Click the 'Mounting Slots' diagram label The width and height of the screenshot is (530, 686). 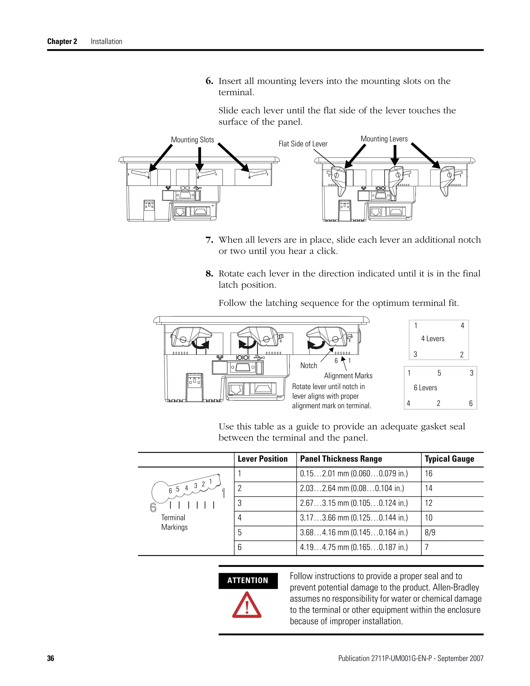[192, 140]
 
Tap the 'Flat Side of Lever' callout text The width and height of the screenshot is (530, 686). [303, 144]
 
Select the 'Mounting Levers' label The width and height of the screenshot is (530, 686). [384, 139]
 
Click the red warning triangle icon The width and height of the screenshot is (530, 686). [247, 605]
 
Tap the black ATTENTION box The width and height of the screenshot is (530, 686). [248, 580]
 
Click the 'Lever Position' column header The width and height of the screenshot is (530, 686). [262, 459]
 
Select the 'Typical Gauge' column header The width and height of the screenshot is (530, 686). [449, 459]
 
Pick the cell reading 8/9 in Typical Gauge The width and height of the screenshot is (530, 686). [430, 532]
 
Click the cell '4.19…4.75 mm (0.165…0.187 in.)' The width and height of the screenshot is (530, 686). [354, 547]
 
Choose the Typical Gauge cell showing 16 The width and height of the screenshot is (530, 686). [429, 474]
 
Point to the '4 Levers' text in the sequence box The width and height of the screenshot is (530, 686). [433, 339]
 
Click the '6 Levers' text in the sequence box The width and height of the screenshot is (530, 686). [425, 388]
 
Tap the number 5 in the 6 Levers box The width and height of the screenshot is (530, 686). [439, 373]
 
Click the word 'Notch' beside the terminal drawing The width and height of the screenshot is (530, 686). [309, 365]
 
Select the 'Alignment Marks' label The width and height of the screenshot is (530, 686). [348, 376]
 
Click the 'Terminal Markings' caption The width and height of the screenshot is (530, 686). [174, 522]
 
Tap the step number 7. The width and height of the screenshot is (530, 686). [209, 240]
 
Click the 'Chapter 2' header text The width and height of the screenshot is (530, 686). [62, 41]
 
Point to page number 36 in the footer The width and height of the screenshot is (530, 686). [50, 658]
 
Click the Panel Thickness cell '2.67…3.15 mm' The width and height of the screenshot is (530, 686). [354, 503]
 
